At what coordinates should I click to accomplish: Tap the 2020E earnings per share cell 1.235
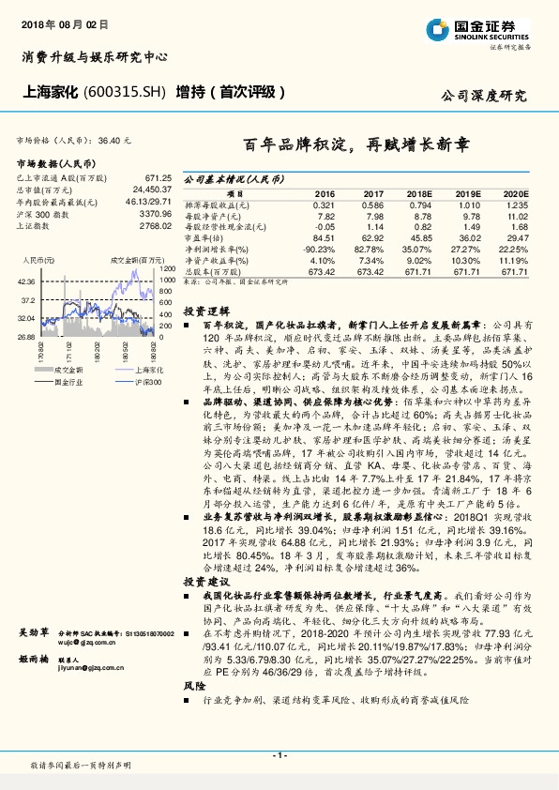coord(518,205)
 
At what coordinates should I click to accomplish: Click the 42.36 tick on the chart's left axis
coord(25,281)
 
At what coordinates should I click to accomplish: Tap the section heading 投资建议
coord(204,582)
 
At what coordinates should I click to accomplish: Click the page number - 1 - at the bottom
coord(279,755)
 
